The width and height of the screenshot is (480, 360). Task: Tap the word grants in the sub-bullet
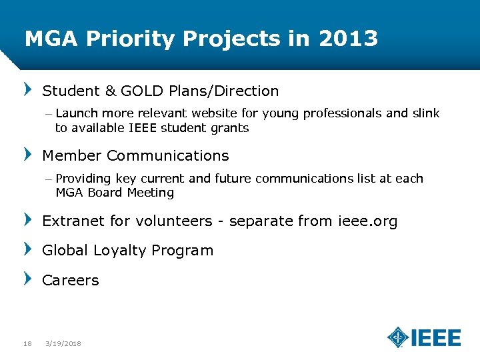(x=231, y=128)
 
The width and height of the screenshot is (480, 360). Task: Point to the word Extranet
(x=71, y=221)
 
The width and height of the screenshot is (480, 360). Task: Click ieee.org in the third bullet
(x=369, y=221)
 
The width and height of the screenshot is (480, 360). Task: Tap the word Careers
(x=70, y=280)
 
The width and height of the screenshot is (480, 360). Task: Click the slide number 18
(x=27, y=343)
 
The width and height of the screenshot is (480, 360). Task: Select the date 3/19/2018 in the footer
(x=63, y=343)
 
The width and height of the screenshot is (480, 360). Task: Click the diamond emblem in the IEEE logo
(x=398, y=337)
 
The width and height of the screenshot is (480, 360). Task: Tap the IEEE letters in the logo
(x=435, y=337)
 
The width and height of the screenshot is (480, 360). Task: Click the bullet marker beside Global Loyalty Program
(x=28, y=249)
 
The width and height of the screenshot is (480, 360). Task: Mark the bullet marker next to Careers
(x=28, y=278)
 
